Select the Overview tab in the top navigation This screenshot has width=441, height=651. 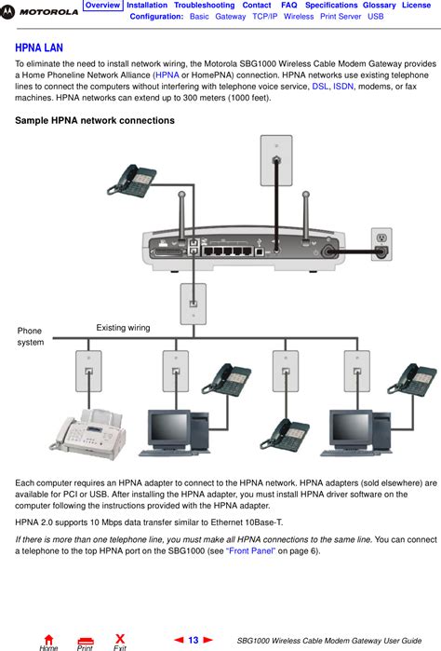[102, 6]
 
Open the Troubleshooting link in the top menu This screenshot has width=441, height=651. [204, 6]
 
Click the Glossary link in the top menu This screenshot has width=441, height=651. [379, 6]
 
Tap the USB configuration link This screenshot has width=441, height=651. [375, 17]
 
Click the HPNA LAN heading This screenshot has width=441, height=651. [40, 47]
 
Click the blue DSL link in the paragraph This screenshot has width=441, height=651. [320, 85]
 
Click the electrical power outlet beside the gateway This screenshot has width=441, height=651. [381, 240]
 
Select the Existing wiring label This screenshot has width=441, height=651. [123, 328]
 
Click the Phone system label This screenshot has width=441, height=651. [30, 337]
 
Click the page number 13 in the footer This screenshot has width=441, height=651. [194, 641]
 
